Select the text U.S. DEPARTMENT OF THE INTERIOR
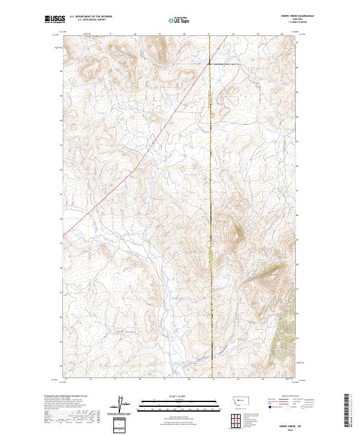click(91, 17)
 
